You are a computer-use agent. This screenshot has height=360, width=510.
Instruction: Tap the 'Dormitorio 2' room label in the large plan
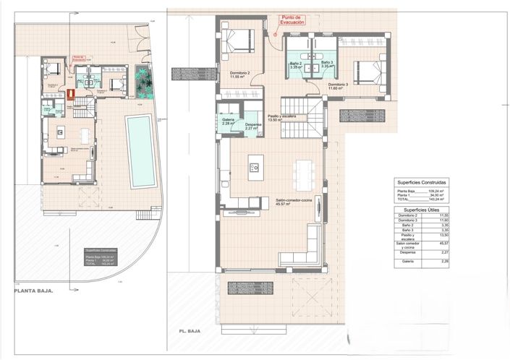239,74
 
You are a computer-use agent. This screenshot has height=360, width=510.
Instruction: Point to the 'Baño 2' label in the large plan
295,64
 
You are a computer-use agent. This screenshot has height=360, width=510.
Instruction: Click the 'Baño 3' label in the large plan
326,64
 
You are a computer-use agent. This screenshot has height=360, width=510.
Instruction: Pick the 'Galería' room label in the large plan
228,121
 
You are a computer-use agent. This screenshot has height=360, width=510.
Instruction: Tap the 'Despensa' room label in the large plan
253,126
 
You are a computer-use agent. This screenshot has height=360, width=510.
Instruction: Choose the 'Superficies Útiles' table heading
417,210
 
